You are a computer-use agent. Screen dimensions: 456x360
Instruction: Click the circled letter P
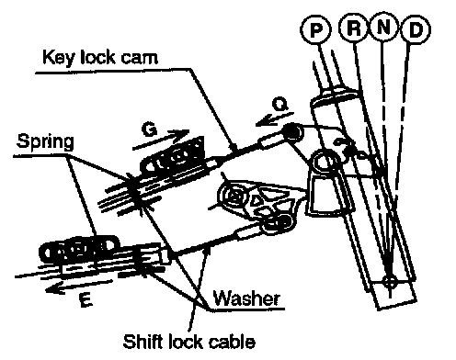point(315,29)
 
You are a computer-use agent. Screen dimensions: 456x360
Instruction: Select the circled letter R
point(354,28)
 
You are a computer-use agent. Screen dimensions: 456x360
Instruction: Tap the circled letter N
point(384,28)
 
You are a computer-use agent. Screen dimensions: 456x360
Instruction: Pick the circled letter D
point(416,29)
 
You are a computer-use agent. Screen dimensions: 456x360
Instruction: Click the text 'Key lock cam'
point(100,58)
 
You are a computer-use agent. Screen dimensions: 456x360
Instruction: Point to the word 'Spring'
point(45,141)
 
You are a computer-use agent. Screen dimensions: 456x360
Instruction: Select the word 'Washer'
point(246,298)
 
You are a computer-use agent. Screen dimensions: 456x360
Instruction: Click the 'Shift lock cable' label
point(188,342)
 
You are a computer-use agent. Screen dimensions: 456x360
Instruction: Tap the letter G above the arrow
point(149,130)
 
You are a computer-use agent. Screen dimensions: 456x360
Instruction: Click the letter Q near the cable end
point(280,105)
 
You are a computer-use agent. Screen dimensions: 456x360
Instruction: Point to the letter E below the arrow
point(85,299)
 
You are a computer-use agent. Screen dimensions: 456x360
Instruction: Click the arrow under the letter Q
point(274,119)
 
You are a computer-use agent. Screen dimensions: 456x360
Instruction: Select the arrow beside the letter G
point(161,140)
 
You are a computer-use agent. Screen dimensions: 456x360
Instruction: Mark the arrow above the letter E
point(79,287)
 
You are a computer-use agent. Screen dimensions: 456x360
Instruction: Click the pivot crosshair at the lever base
point(390,281)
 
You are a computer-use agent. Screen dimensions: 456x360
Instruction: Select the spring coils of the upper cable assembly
point(172,156)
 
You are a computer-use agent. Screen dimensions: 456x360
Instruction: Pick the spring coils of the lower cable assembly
point(79,249)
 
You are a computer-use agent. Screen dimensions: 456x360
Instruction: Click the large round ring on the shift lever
point(325,162)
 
